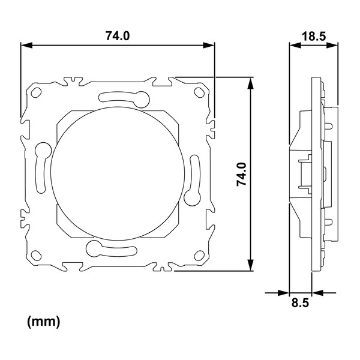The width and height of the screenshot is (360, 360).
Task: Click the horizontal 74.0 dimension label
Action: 118,36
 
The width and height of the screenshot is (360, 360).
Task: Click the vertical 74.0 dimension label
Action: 242,174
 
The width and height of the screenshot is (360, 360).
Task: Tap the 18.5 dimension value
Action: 314,36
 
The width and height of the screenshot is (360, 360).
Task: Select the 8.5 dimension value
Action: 301,303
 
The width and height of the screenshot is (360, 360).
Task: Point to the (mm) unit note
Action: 44,322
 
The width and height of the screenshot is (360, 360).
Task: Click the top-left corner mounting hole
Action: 36,92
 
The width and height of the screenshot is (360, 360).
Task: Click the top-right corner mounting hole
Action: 199,92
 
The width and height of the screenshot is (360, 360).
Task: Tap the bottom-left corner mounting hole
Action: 36,256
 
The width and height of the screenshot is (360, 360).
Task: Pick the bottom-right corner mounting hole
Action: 199,256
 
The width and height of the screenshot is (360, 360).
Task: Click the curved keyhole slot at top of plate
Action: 124,98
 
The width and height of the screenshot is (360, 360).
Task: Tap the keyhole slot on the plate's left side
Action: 42,167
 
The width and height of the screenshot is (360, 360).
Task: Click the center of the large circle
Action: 118,174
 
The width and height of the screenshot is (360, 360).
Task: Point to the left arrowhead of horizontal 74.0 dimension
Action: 26,45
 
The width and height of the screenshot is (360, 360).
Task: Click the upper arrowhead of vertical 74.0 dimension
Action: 251,83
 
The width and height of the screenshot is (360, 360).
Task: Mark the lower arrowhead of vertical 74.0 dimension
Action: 251,265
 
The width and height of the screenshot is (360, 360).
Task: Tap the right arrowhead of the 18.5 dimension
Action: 332,45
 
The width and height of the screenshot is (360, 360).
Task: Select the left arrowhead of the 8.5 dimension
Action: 284,293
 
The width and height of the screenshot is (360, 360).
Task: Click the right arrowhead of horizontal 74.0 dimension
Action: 209,45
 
